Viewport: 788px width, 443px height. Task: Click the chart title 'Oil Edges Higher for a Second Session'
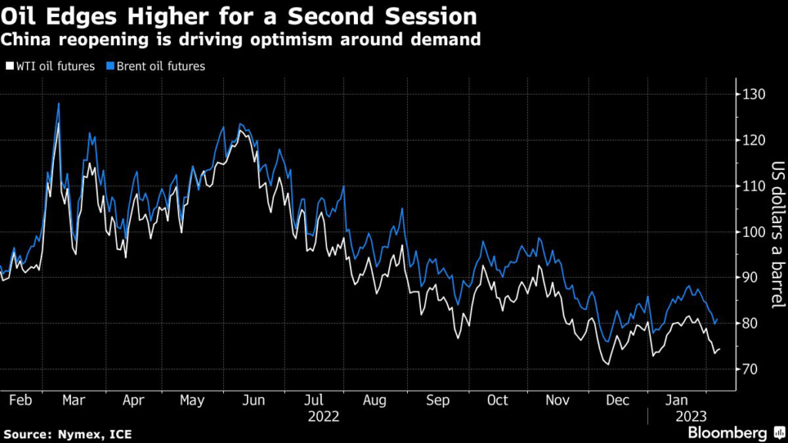pos(238,16)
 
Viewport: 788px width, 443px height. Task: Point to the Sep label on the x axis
pos(437,401)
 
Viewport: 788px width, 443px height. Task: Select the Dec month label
pos(617,401)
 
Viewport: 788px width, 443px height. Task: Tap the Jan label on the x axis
pos(678,401)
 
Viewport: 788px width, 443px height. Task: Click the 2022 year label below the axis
pos(324,416)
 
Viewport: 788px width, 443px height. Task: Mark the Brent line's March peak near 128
pos(58,103)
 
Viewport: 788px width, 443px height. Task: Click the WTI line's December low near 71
pos(607,363)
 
